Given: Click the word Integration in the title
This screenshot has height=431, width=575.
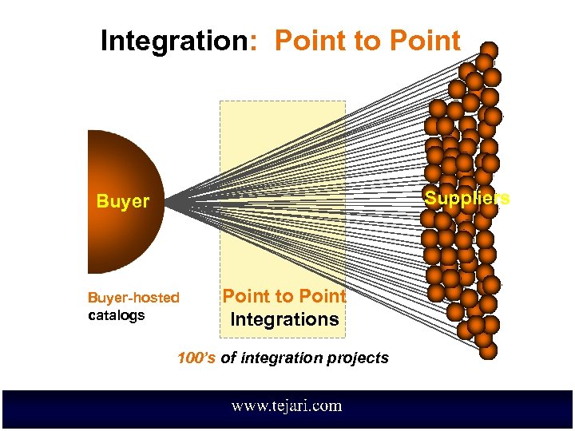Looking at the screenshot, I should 173,41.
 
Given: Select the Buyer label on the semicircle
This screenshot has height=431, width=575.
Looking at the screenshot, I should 122,201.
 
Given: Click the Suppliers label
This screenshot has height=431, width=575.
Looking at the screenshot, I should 466,198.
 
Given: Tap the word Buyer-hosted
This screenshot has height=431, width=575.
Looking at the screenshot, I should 133,298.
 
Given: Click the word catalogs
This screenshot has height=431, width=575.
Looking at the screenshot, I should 116,314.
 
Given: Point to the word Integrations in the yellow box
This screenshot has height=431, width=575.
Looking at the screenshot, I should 284,319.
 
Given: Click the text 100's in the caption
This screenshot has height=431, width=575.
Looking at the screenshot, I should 196,358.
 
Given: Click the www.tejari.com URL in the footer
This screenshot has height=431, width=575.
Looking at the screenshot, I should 287,405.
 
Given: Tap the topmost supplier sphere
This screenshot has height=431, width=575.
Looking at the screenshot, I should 489,50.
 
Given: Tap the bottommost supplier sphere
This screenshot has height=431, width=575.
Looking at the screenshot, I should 487,350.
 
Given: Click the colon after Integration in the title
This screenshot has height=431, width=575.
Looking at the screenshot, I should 253,42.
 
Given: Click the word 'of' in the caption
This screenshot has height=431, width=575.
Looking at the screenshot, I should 228,358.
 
